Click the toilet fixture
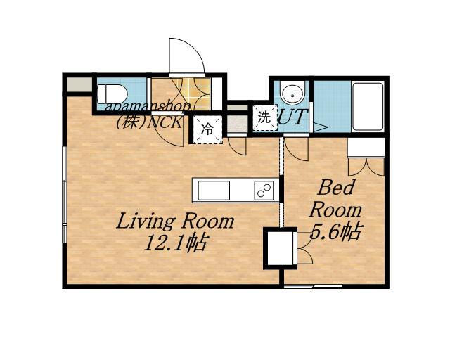click(112, 94)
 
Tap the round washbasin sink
click(292, 92)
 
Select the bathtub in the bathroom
click(368, 107)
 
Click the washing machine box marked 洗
click(264, 117)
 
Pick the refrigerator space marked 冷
click(207, 129)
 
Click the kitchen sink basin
click(214, 191)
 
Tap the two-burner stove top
click(264, 191)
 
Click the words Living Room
click(175, 222)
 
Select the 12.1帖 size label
click(175, 243)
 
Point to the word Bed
click(335, 188)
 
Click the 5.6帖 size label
click(335, 231)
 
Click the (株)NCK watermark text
click(148, 123)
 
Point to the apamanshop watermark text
click(148, 107)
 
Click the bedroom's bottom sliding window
click(314, 286)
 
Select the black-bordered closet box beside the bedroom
click(281, 248)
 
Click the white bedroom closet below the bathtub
click(366, 147)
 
